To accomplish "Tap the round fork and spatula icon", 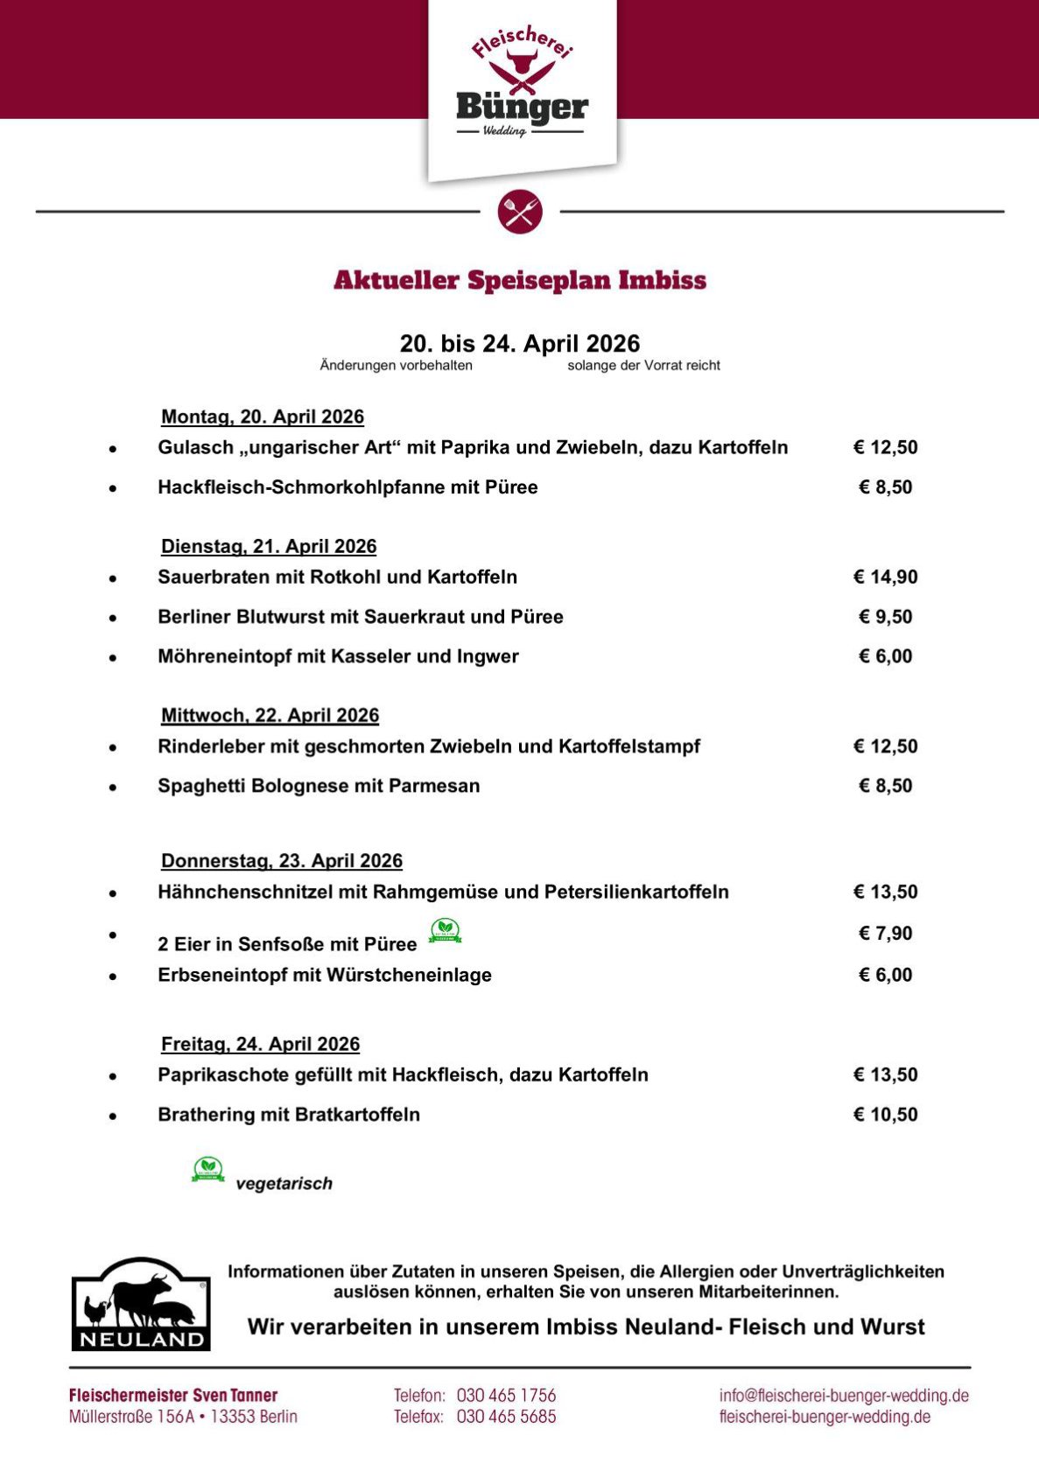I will click(x=520, y=212).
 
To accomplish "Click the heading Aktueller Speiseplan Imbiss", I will click(x=520, y=281).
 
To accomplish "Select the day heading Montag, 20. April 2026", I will click(x=263, y=417).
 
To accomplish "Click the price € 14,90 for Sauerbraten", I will click(x=885, y=577).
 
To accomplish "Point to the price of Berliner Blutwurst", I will click(x=885, y=617).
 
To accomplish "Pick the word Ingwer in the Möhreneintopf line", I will click(x=488, y=657).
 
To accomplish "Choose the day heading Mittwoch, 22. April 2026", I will click(x=270, y=716).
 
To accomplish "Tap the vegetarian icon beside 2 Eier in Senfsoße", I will click(x=445, y=931).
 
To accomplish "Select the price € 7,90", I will click(x=885, y=934).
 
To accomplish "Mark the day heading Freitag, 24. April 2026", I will click(x=260, y=1045).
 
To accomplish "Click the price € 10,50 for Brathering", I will click(x=885, y=1115).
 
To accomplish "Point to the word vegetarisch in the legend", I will click(x=284, y=1184).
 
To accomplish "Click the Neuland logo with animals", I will click(x=141, y=1304).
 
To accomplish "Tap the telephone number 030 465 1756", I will click(x=506, y=1396).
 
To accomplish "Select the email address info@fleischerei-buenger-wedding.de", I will click(x=844, y=1396).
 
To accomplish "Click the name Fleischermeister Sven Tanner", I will click(x=173, y=1396).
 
